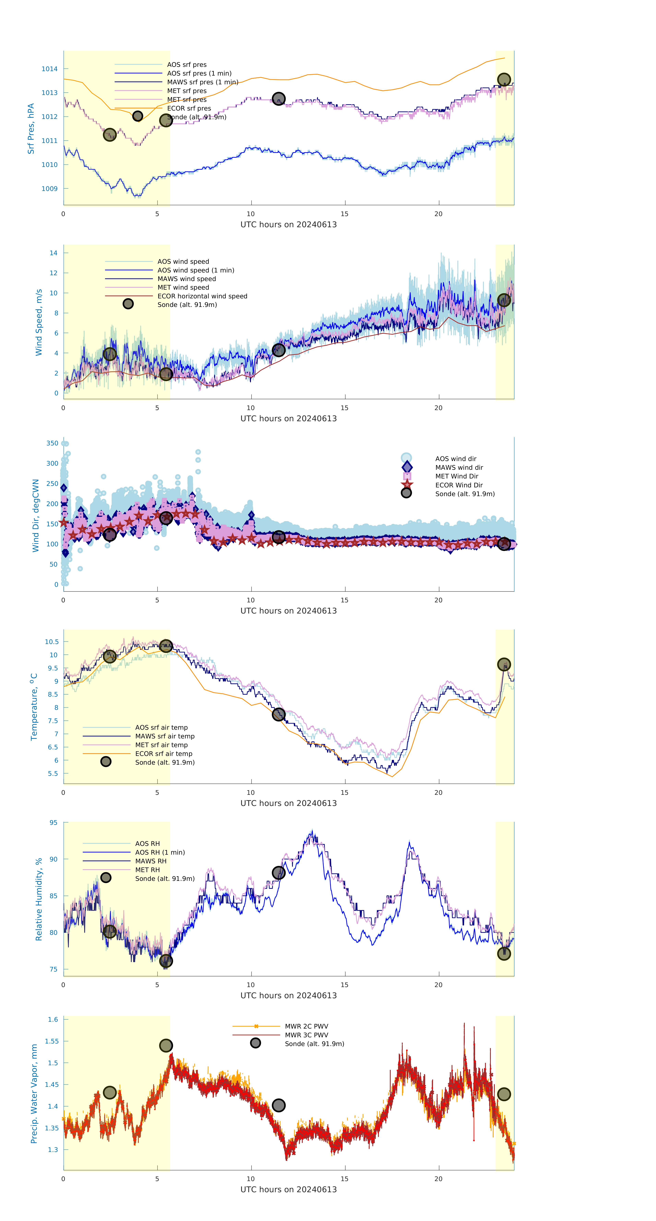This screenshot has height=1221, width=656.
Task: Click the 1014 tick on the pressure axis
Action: [49, 69]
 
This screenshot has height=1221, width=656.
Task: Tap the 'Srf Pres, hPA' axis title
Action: [31, 129]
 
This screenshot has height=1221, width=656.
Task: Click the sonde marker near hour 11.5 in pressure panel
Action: [278, 99]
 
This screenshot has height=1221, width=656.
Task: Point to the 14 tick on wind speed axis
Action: [54, 253]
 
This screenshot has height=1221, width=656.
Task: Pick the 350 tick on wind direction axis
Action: [52, 443]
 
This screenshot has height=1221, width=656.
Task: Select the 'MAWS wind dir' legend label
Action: [459, 467]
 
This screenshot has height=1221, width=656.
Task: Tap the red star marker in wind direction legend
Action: [406, 484]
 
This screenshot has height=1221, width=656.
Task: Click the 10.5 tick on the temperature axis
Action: [52, 642]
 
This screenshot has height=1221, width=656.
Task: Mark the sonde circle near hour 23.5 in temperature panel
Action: [504, 665]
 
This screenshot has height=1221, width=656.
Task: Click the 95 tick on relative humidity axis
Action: [54, 823]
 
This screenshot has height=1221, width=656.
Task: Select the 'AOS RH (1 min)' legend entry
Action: [160, 852]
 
